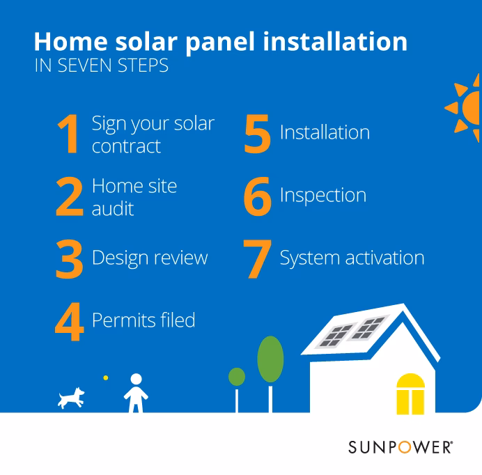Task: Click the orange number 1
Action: coord(70,134)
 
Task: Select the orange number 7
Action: coord(257,259)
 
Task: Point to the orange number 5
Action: coord(257,134)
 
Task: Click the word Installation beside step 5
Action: coord(325,132)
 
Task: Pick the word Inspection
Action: coord(322,195)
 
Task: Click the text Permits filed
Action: coord(143,320)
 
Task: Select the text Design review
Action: coord(150,258)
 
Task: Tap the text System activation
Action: coord(352,258)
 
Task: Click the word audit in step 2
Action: coord(112,208)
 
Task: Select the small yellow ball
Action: coord(106,377)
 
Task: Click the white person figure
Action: coord(136,394)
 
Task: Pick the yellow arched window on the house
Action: coord(410,394)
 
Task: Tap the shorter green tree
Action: coord(237,377)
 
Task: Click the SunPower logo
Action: coord(401,446)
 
